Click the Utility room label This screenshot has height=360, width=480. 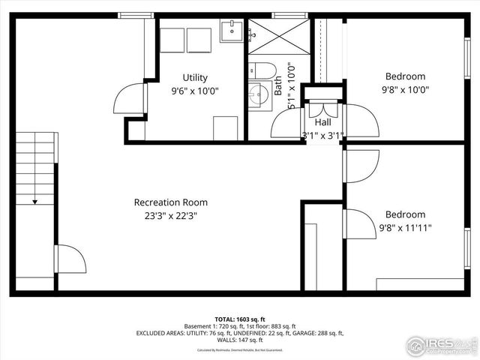tap(195, 77)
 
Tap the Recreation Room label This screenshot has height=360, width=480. tap(171, 202)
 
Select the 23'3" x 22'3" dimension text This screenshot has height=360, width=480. tap(171, 215)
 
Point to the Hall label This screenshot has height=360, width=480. tap(323, 122)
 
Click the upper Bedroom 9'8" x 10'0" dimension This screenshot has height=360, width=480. tap(405, 89)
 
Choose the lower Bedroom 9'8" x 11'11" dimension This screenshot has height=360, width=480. tap(405, 227)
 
